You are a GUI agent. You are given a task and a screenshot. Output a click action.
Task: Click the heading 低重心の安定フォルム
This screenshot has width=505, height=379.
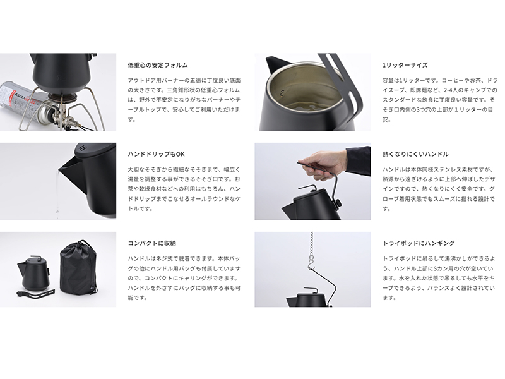pos(157,65)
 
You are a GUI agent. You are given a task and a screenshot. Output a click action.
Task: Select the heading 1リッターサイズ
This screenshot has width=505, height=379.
pos(405,65)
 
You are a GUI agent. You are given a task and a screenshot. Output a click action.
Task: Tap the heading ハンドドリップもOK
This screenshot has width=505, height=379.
pos(156,154)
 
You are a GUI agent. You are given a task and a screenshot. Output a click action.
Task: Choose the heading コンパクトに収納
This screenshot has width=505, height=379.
pos(151,243)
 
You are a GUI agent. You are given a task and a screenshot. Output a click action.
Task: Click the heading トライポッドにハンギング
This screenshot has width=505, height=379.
pos(419,243)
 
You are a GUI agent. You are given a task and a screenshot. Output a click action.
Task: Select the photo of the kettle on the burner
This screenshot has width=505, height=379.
pos(57,92)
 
